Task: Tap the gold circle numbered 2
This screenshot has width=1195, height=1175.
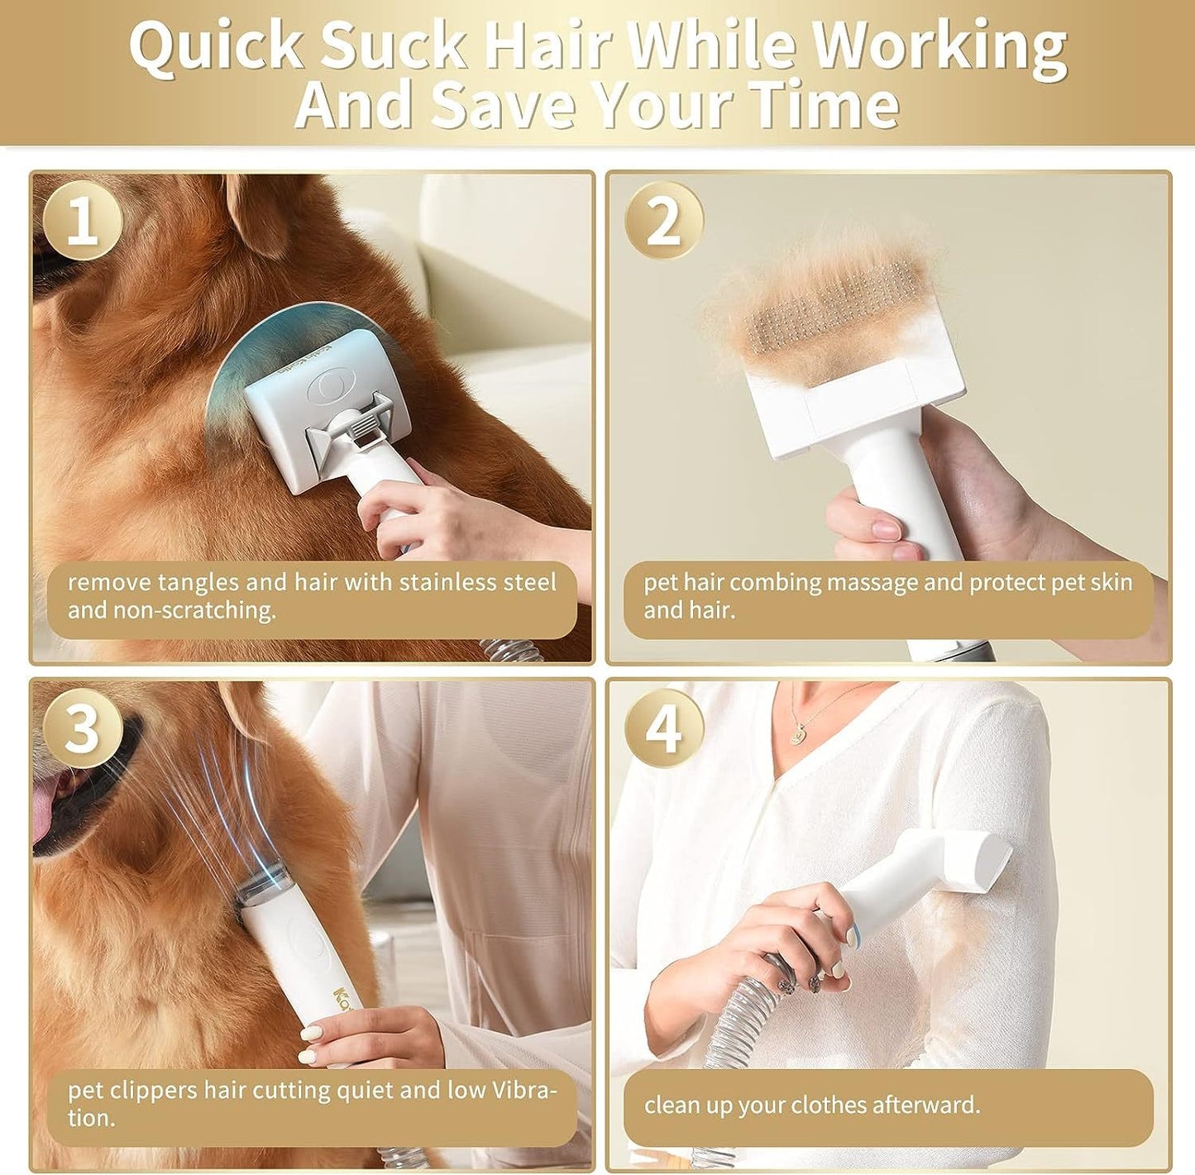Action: pyautogui.click(x=663, y=221)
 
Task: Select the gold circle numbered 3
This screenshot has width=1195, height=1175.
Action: pyautogui.click(x=82, y=728)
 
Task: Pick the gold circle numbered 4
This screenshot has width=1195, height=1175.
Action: pyautogui.click(x=663, y=728)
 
